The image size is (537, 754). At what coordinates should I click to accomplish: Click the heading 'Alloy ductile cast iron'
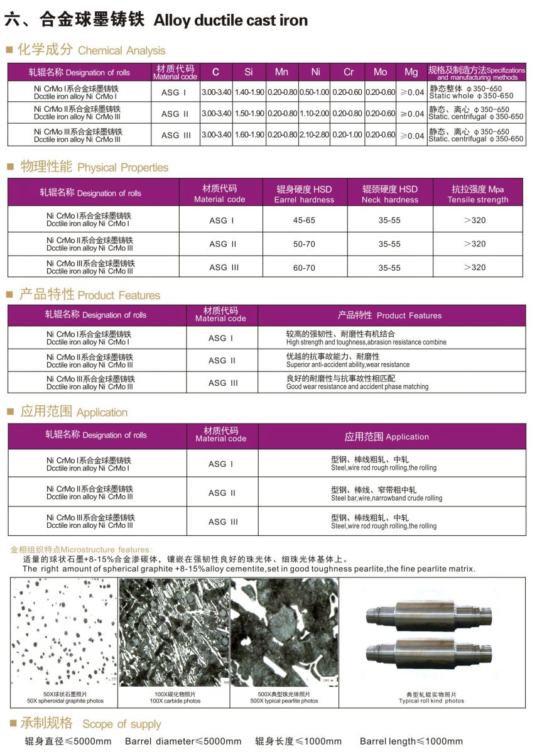coord(231,20)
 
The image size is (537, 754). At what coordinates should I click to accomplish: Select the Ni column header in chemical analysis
coord(314,72)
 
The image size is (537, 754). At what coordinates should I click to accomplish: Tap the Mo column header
coord(380,72)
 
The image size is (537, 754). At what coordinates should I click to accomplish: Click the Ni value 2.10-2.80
coord(314,135)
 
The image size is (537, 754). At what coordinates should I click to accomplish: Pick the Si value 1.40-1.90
coord(249,92)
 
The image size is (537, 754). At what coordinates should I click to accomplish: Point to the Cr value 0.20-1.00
coord(347,135)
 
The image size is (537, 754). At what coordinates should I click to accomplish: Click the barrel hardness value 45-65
coord(304,221)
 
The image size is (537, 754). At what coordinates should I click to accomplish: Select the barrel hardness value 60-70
coord(304,268)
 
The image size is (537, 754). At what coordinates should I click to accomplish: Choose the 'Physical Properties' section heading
coord(122,168)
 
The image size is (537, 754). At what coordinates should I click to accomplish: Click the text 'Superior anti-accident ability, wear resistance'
coord(347,365)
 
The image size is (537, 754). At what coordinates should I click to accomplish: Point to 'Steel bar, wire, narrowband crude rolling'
coord(386,498)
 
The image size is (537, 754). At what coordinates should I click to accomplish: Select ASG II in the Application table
coord(222,493)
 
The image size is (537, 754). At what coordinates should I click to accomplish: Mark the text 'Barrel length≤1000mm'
coord(411,741)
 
